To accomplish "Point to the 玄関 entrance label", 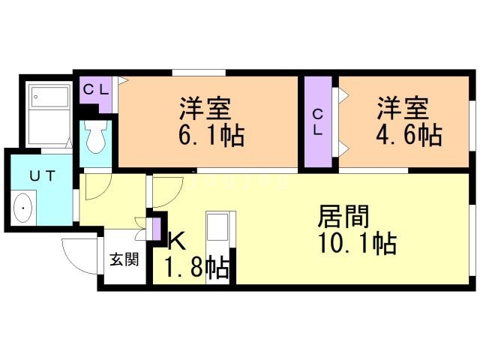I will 124,261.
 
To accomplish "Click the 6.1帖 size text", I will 212,137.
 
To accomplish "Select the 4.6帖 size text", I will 409,136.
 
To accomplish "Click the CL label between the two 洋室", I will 318,122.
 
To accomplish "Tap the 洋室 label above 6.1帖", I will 204,109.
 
